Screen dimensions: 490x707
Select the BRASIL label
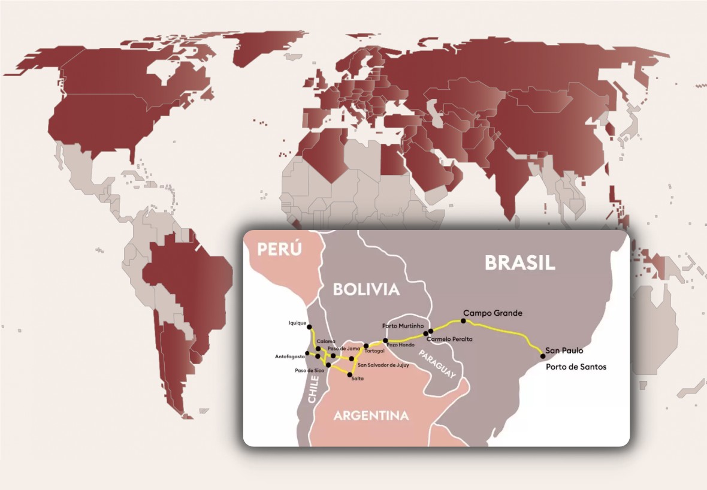coord(520,262)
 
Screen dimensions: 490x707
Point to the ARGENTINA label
coord(371,415)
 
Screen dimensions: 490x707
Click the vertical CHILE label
coord(314,388)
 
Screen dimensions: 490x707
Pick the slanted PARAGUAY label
coord(438,364)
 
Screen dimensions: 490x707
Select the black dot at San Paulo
coord(543,356)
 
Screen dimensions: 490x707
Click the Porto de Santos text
coord(576,367)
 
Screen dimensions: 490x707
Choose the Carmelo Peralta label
coord(449,339)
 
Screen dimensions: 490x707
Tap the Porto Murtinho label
coord(404,325)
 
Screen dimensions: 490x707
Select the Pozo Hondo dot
coord(386,340)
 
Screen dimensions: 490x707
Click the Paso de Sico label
coord(309,370)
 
